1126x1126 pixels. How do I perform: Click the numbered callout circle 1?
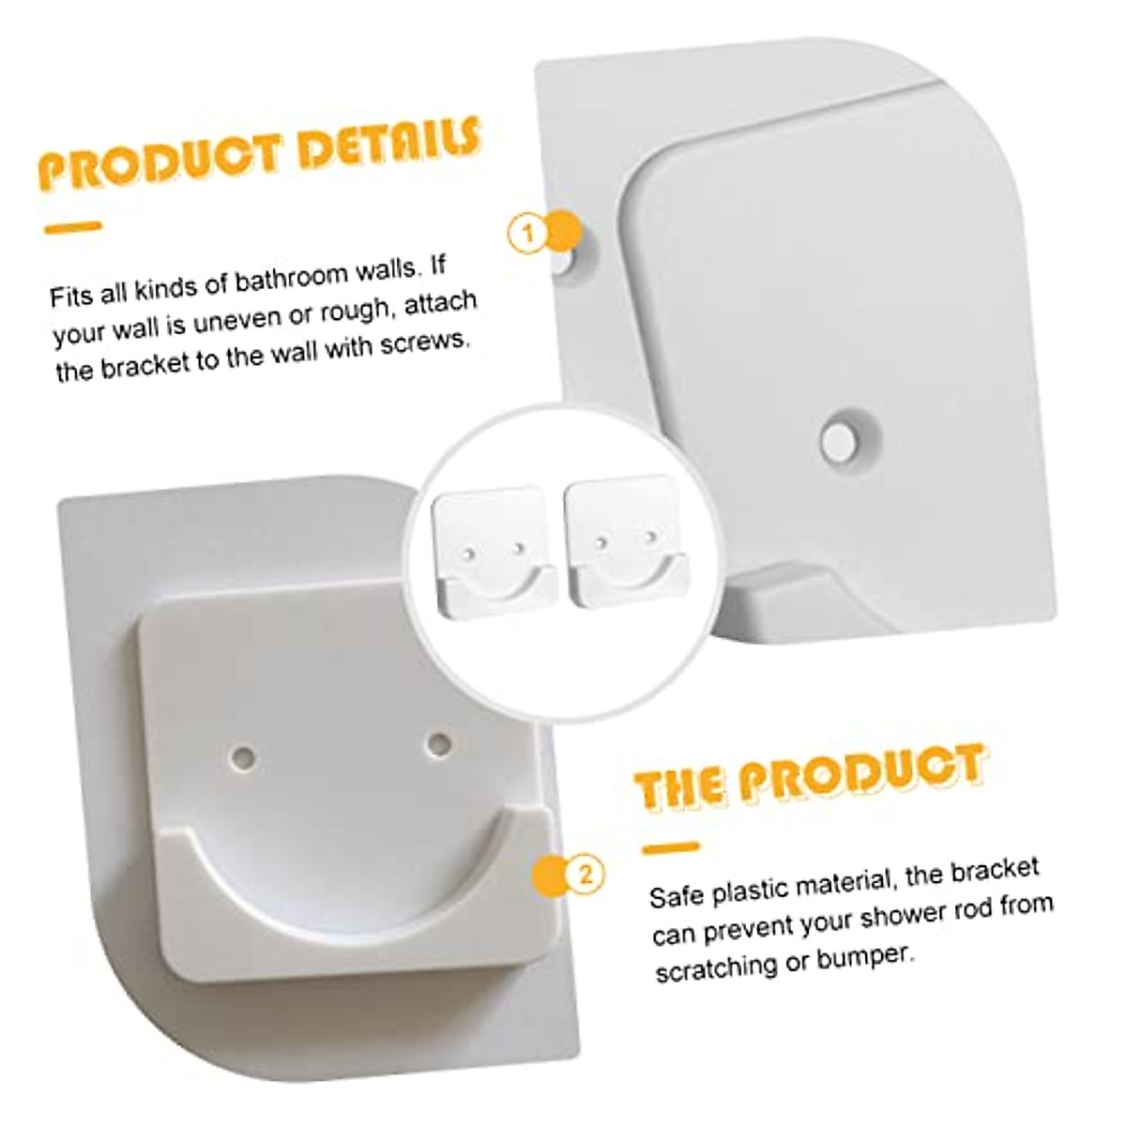528,233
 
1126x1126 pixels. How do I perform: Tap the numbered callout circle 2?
585,875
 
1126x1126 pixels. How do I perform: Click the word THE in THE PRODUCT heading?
679,787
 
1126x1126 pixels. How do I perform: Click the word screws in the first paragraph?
424,343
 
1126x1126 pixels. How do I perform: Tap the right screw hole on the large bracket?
436,743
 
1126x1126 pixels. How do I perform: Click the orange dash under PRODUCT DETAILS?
72,226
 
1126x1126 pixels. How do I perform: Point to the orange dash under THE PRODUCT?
671,848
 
